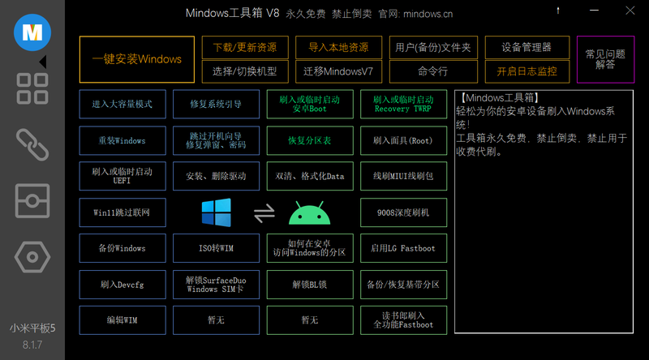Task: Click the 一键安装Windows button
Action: [137, 59]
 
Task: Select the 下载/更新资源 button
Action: [245, 48]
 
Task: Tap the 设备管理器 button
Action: [527, 48]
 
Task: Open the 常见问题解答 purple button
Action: [605, 59]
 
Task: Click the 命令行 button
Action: [433, 71]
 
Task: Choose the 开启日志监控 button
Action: [527, 71]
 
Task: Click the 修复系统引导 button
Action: [216, 105]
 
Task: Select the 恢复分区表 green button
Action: [310, 141]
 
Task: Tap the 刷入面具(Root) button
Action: [403, 141]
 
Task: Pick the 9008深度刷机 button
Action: [403, 212]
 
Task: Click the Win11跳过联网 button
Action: [122, 212]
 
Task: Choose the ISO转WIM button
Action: [216, 248]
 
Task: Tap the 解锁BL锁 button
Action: [310, 285]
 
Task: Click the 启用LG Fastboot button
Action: [403, 248]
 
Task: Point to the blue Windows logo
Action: [217, 212]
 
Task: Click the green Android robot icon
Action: [310, 213]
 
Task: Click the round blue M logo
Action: [32, 32]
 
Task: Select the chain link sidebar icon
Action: [32, 145]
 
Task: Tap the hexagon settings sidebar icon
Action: [32, 257]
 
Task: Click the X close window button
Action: [630, 11]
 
